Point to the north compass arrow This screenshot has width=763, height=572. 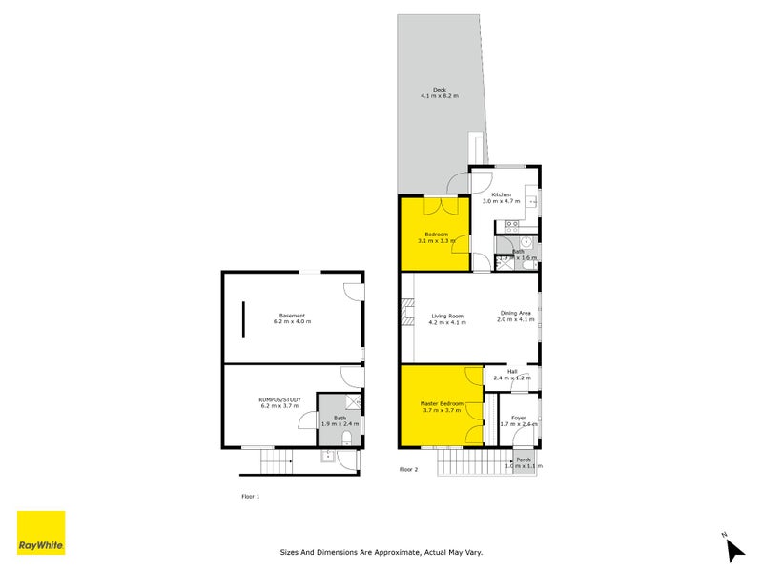(733, 549)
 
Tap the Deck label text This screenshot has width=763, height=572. (440, 90)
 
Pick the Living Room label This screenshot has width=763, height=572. (446, 316)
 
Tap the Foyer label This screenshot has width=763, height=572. (518, 417)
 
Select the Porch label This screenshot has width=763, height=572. (523, 460)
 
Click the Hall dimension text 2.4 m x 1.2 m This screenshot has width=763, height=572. (512, 378)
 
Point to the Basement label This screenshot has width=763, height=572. (292, 316)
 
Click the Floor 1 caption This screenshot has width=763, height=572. (250, 496)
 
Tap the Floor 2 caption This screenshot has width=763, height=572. (408, 470)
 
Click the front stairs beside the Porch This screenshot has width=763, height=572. (474, 463)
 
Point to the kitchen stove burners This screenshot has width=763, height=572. (511, 226)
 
